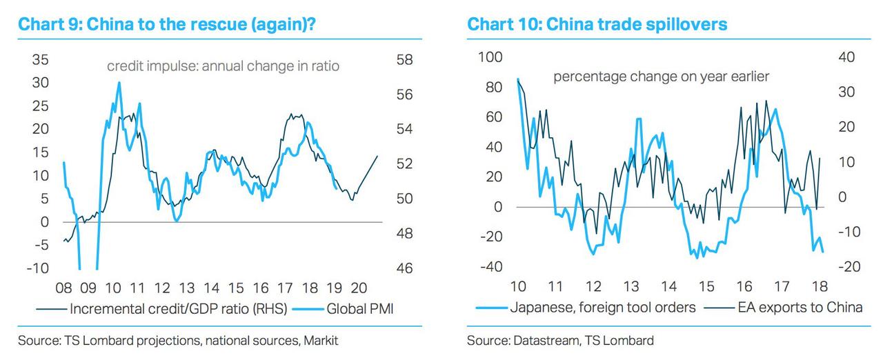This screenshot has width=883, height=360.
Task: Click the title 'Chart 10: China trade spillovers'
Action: tap(597, 25)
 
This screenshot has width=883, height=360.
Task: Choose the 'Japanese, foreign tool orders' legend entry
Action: tap(602, 307)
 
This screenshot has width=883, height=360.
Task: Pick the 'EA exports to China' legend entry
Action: tap(799, 307)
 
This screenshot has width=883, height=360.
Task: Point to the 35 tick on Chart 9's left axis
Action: tap(40, 60)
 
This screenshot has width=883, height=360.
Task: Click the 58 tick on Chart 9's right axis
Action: tap(405, 60)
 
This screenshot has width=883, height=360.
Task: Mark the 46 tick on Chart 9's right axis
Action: tap(405, 268)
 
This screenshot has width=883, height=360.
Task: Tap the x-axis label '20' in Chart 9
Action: tap(359, 288)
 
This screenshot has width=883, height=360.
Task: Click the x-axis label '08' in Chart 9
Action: tap(64, 288)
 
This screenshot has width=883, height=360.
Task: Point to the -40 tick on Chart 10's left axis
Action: tap(491, 267)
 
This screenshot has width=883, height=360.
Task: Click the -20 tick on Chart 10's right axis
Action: tap(850, 267)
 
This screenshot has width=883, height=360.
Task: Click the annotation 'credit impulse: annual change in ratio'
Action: tap(223, 67)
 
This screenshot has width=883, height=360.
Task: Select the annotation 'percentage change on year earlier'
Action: tap(661, 77)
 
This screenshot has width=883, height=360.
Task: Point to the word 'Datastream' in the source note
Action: tap(539, 340)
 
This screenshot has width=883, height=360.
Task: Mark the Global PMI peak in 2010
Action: tap(119, 83)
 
